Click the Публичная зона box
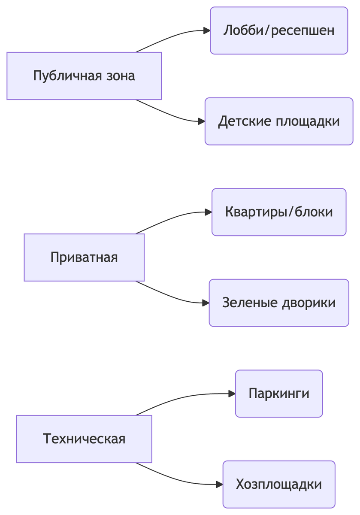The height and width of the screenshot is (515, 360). click(x=84, y=76)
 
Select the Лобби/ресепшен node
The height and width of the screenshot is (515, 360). click(x=279, y=30)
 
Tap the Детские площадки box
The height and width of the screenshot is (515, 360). click(x=279, y=121)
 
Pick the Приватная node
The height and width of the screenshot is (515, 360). click(x=84, y=257)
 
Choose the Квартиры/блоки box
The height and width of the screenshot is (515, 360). click(x=279, y=212)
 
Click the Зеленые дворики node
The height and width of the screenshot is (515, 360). click(x=279, y=303)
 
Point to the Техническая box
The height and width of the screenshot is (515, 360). click(x=84, y=439)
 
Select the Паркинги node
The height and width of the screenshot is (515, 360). click(x=279, y=394)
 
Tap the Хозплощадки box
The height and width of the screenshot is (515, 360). click(x=279, y=485)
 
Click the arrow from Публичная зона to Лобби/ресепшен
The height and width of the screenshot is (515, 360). click(x=172, y=37)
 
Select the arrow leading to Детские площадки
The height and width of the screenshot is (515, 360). click(x=172, y=115)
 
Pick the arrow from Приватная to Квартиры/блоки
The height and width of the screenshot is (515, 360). click(x=172, y=218)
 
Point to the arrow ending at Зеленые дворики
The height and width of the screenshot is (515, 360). click(x=172, y=297)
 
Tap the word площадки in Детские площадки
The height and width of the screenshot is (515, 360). click(x=307, y=121)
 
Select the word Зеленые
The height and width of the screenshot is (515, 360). click(x=250, y=303)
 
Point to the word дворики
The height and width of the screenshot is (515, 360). click(x=309, y=303)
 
